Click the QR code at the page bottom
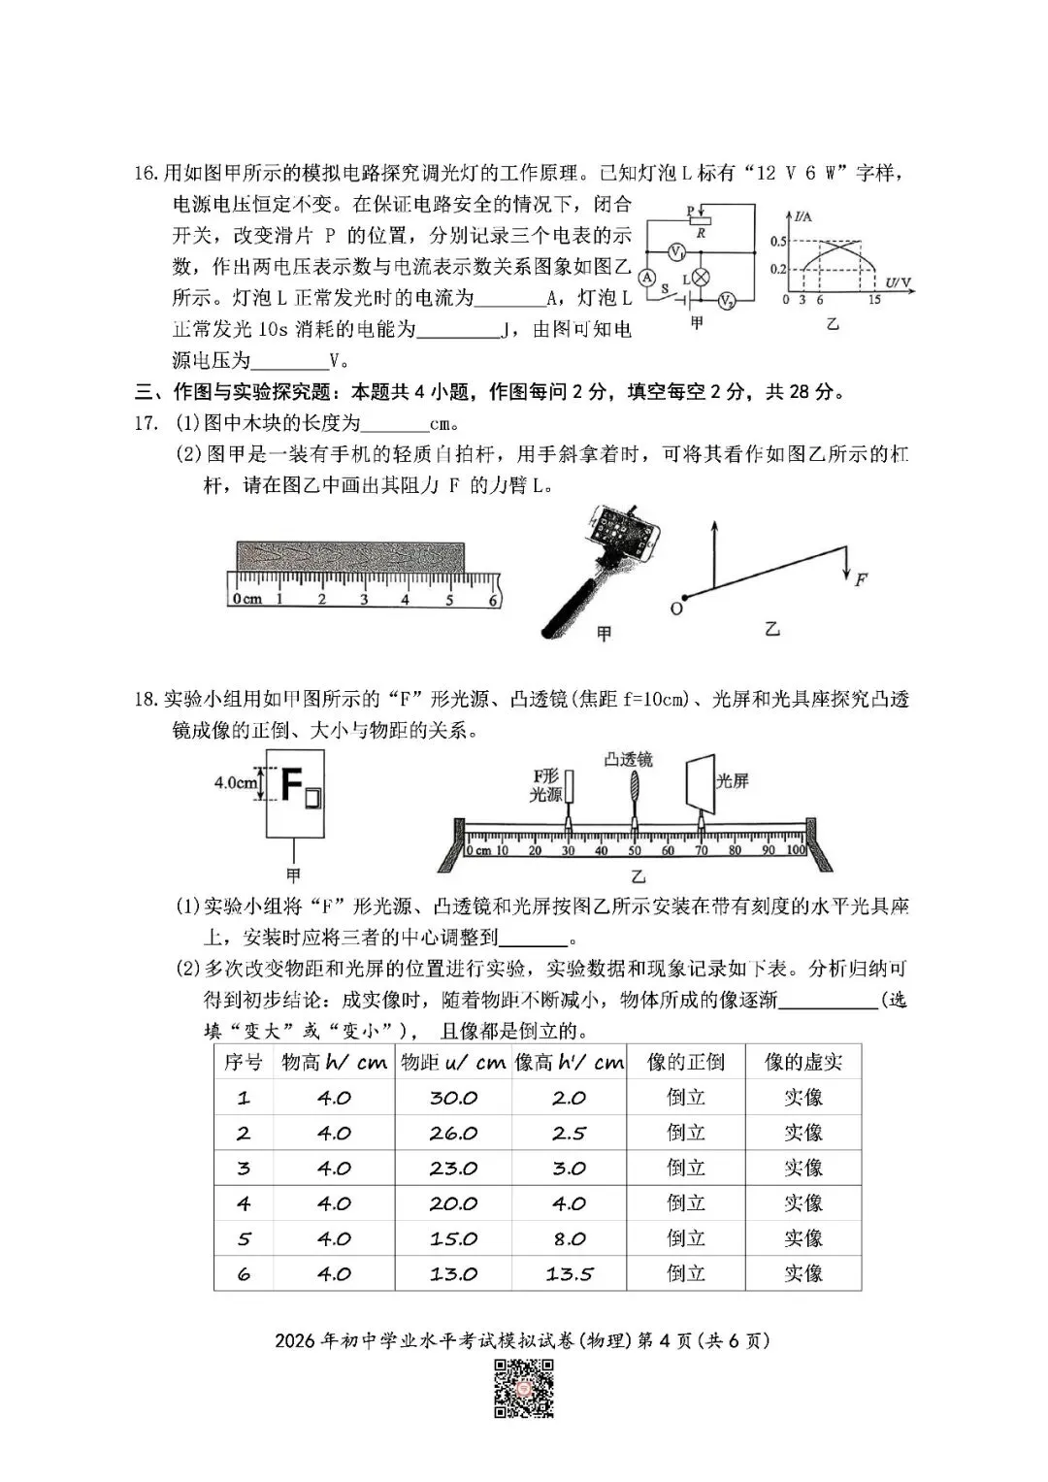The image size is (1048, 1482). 524,1389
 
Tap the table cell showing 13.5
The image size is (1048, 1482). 569,1273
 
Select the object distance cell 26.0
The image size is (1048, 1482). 453,1133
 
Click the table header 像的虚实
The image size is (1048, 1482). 802,1062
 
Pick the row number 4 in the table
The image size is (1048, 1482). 243,1203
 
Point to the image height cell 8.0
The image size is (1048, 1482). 569,1238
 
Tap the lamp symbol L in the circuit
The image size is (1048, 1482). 700,278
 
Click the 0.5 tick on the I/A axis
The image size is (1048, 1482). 778,241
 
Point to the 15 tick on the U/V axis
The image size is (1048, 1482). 874,300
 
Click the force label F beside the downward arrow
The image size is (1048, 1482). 861,579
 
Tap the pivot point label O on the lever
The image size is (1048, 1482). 676,609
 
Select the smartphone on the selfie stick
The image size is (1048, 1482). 621,536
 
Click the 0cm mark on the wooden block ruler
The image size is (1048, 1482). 246,599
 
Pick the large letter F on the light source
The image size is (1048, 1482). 290,782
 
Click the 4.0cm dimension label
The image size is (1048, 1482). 236,782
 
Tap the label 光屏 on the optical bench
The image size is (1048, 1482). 733,780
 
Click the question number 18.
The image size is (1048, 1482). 146,699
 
